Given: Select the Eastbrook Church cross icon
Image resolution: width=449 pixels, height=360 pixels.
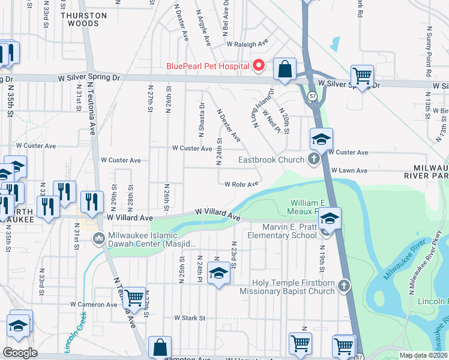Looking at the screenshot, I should (313, 160).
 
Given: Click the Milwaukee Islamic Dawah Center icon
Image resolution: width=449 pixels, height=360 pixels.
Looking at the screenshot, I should (99, 239).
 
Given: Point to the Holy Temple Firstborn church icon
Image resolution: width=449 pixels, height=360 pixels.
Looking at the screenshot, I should (343, 285).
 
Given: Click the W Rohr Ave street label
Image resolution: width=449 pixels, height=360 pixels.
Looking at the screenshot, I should (241, 184).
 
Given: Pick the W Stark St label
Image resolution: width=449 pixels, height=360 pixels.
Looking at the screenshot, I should (190, 317).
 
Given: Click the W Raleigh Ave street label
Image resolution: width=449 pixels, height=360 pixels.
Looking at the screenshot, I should (246, 44).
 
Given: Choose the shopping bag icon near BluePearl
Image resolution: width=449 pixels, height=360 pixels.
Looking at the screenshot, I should (285, 68).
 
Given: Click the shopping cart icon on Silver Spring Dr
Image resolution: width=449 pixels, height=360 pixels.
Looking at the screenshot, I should (362, 76).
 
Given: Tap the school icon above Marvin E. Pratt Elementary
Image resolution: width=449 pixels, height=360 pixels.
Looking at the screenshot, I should (330, 217).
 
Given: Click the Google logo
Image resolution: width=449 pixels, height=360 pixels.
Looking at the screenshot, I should (20, 353).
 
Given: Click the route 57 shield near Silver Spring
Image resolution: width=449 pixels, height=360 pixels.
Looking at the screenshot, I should (313, 96).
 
